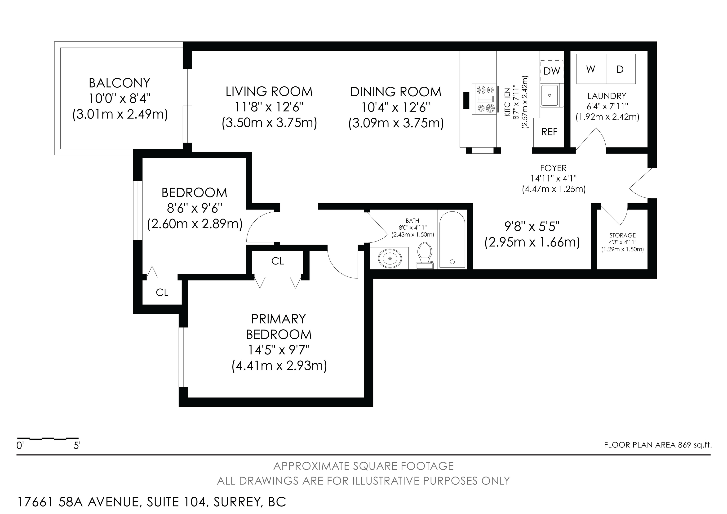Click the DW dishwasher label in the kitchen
[x=552, y=71]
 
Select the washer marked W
[x=591, y=69]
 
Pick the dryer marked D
[x=621, y=69]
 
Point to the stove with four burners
[x=484, y=98]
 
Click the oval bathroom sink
[x=390, y=259]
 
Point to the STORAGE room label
[x=622, y=235]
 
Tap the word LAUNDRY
[x=607, y=96]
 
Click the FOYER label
[x=554, y=168]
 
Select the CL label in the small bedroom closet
[x=162, y=292]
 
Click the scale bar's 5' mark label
[x=77, y=446]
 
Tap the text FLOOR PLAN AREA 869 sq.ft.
[x=658, y=445]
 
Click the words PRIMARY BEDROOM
[x=279, y=326]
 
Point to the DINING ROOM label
[x=396, y=92]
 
